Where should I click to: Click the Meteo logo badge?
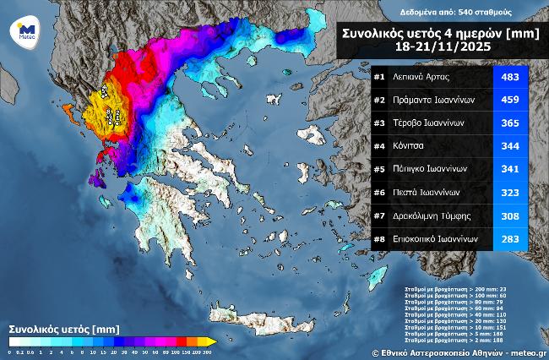[x=22, y=33]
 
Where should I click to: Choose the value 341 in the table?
[x=511, y=169]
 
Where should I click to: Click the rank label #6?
[x=380, y=193]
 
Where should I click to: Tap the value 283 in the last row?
[x=511, y=239]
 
